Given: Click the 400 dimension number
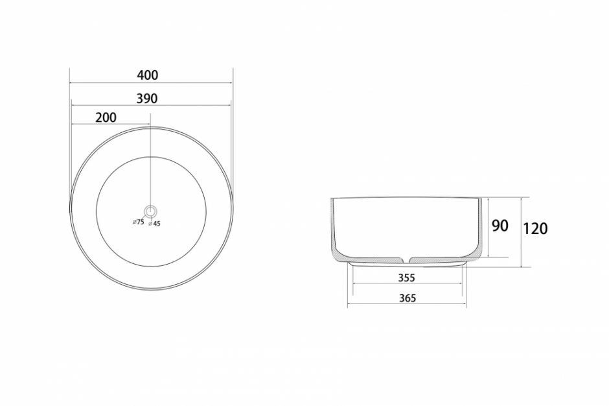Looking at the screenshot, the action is (x=148, y=75).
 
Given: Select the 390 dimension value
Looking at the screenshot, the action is (x=147, y=99).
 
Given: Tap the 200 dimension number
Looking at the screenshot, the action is (x=106, y=117).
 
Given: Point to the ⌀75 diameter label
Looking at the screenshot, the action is (x=138, y=222).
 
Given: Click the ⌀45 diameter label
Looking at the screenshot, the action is (x=154, y=224).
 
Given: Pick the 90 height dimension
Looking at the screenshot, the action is (x=500, y=226).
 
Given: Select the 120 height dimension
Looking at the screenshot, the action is (x=535, y=229).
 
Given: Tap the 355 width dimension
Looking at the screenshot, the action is (x=407, y=278).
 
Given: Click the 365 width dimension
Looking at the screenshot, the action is (x=408, y=298).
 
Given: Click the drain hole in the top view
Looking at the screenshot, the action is (x=150, y=211).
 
